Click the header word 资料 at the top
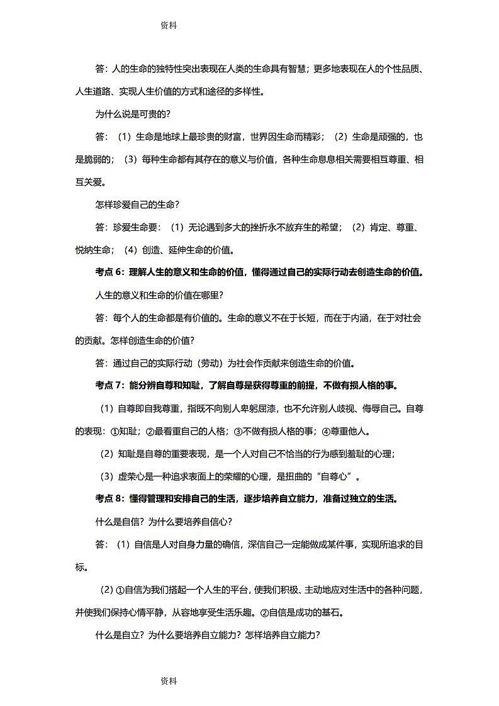[x=169, y=26]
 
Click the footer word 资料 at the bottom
[x=169, y=681]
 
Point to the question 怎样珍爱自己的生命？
[x=137, y=205]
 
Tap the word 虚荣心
[x=133, y=476]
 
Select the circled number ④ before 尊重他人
[x=326, y=432]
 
